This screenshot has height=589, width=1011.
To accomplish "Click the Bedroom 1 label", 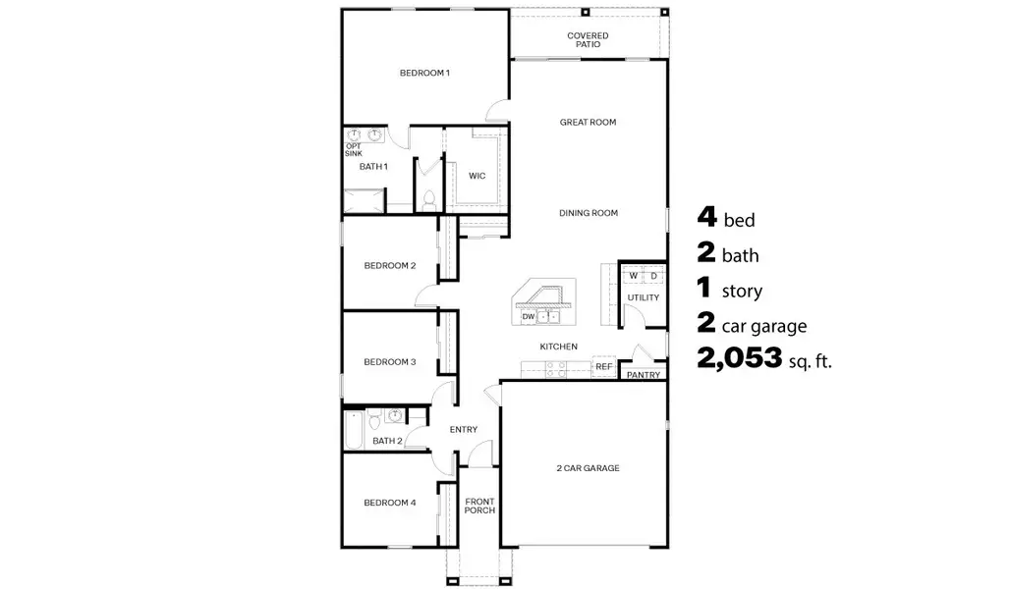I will (424, 73).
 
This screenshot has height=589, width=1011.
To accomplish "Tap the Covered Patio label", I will (588, 40).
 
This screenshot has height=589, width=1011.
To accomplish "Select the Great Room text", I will (588, 123).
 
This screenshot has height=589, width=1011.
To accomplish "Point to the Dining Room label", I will (588, 213).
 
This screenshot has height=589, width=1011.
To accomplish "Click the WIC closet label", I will (477, 177).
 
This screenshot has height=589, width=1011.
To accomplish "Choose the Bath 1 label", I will (373, 167).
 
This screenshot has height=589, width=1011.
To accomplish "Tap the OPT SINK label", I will (353, 150).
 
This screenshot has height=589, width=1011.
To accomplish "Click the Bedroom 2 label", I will (390, 266).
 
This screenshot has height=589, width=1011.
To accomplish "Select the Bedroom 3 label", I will (390, 362).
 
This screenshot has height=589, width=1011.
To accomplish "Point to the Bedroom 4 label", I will (390, 503).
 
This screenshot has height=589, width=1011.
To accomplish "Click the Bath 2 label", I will (387, 441).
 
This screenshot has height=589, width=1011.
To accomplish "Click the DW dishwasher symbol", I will (529, 316).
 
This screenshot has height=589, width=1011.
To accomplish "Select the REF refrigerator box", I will (603, 367).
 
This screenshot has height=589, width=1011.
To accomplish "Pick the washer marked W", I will (634, 276).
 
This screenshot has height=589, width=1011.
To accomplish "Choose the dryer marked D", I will (653, 276).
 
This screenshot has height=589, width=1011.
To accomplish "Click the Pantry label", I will (643, 375).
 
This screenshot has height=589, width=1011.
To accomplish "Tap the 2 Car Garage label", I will (588, 468).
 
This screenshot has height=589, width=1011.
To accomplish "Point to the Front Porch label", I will (479, 506).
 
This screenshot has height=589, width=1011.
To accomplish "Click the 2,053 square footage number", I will (740, 359).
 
